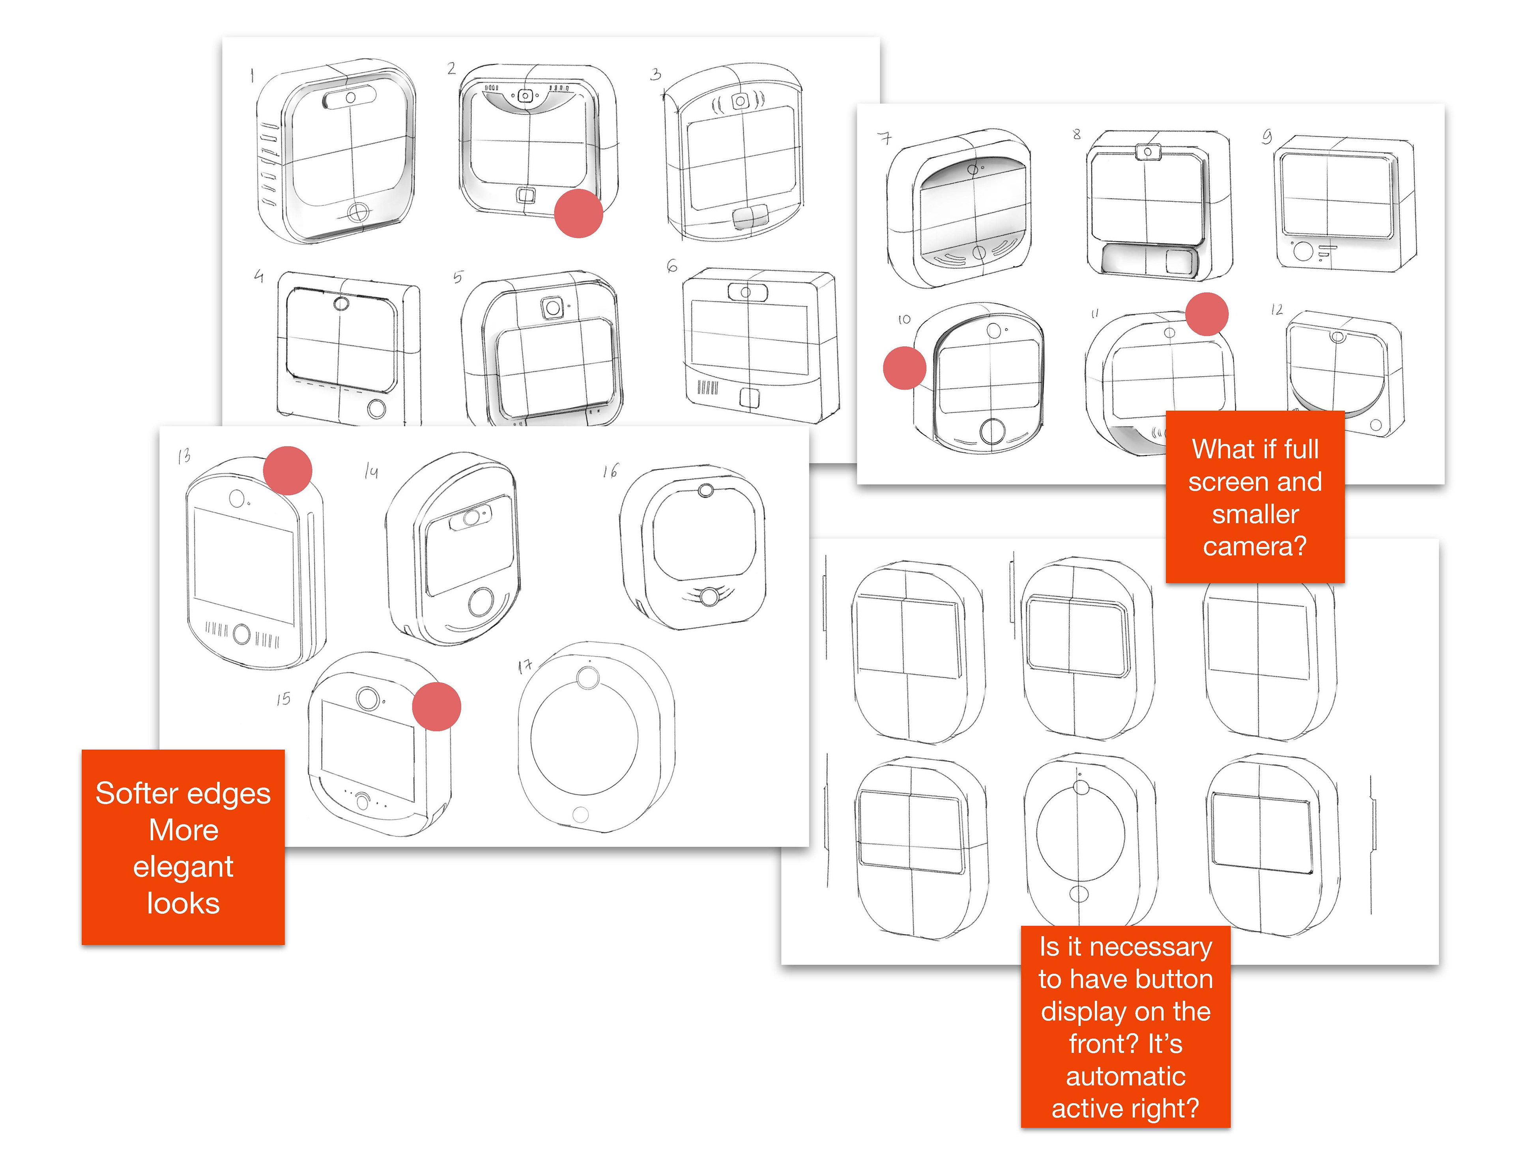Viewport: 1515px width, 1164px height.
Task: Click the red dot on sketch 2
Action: coord(578,214)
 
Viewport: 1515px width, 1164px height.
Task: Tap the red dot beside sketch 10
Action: coord(904,367)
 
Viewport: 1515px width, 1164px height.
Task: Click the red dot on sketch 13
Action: coord(287,470)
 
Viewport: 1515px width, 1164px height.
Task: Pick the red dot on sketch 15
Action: coord(436,706)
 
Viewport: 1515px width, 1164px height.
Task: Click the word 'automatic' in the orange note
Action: coord(1125,1076)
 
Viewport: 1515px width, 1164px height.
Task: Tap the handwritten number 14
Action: coord(371,471)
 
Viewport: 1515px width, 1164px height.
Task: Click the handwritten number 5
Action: coord(458,277)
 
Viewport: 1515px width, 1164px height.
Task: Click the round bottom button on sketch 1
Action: coord(357,211)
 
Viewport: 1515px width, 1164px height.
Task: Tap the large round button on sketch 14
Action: coord(481,602)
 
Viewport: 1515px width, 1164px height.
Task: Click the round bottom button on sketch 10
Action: coord(993,431)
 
